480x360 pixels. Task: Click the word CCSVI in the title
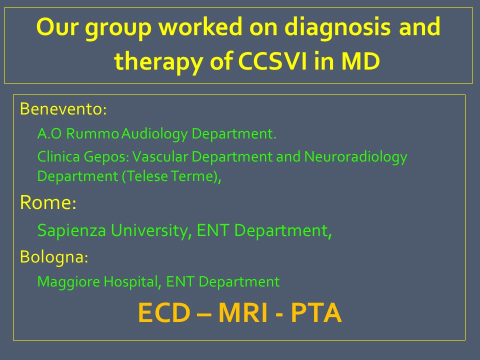point(272,61)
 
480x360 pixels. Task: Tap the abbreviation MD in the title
point(360,61)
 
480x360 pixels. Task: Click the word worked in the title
point(200,26)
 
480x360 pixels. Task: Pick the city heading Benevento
point(63,108)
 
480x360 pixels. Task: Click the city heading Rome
point(48,202)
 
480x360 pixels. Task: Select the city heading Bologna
point(54,257)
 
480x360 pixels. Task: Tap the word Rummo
point(92,134)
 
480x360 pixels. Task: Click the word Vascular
point(160,156)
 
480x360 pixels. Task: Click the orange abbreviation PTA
point(316,312)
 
